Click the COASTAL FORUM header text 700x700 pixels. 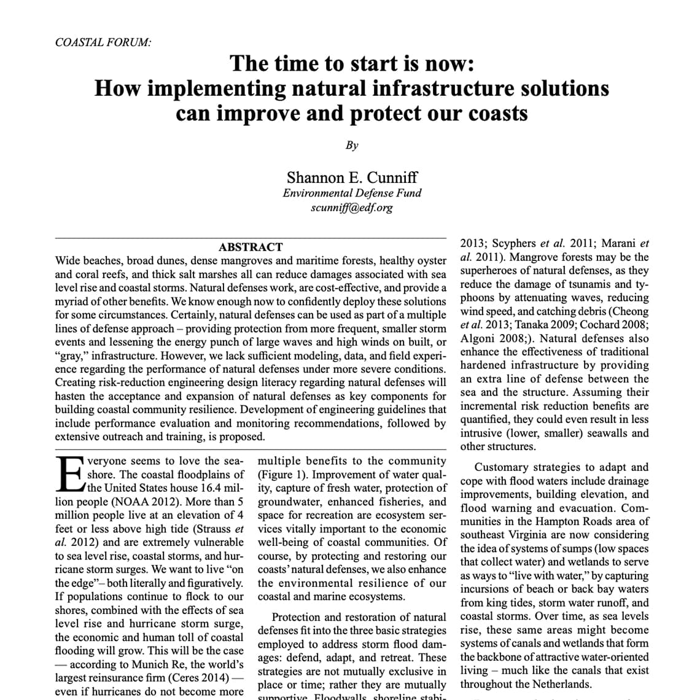(x=103, y=42)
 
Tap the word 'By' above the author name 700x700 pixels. (x=352, y=146)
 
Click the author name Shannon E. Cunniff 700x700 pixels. (x=352, y=177)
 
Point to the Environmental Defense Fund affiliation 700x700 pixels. (x=352, y=193)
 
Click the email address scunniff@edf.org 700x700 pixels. (x=352, y=207)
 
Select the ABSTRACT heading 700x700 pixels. (x=251, y=247)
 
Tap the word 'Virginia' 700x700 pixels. (x=538, y=535)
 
